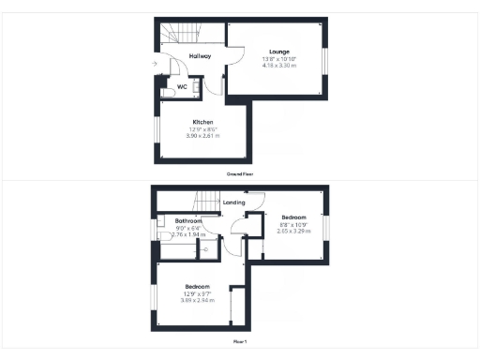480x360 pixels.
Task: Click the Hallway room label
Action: [200, 56]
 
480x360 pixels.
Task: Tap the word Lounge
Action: [278, 52]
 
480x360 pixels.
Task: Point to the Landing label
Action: [234, 202]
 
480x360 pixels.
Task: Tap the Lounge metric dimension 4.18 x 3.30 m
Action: [278, 67]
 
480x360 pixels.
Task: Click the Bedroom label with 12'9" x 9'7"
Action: [197, 286]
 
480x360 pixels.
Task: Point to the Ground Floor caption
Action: [240, 174]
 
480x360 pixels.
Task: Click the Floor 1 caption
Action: [240, 342]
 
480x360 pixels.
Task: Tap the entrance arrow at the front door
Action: [154, 64]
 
